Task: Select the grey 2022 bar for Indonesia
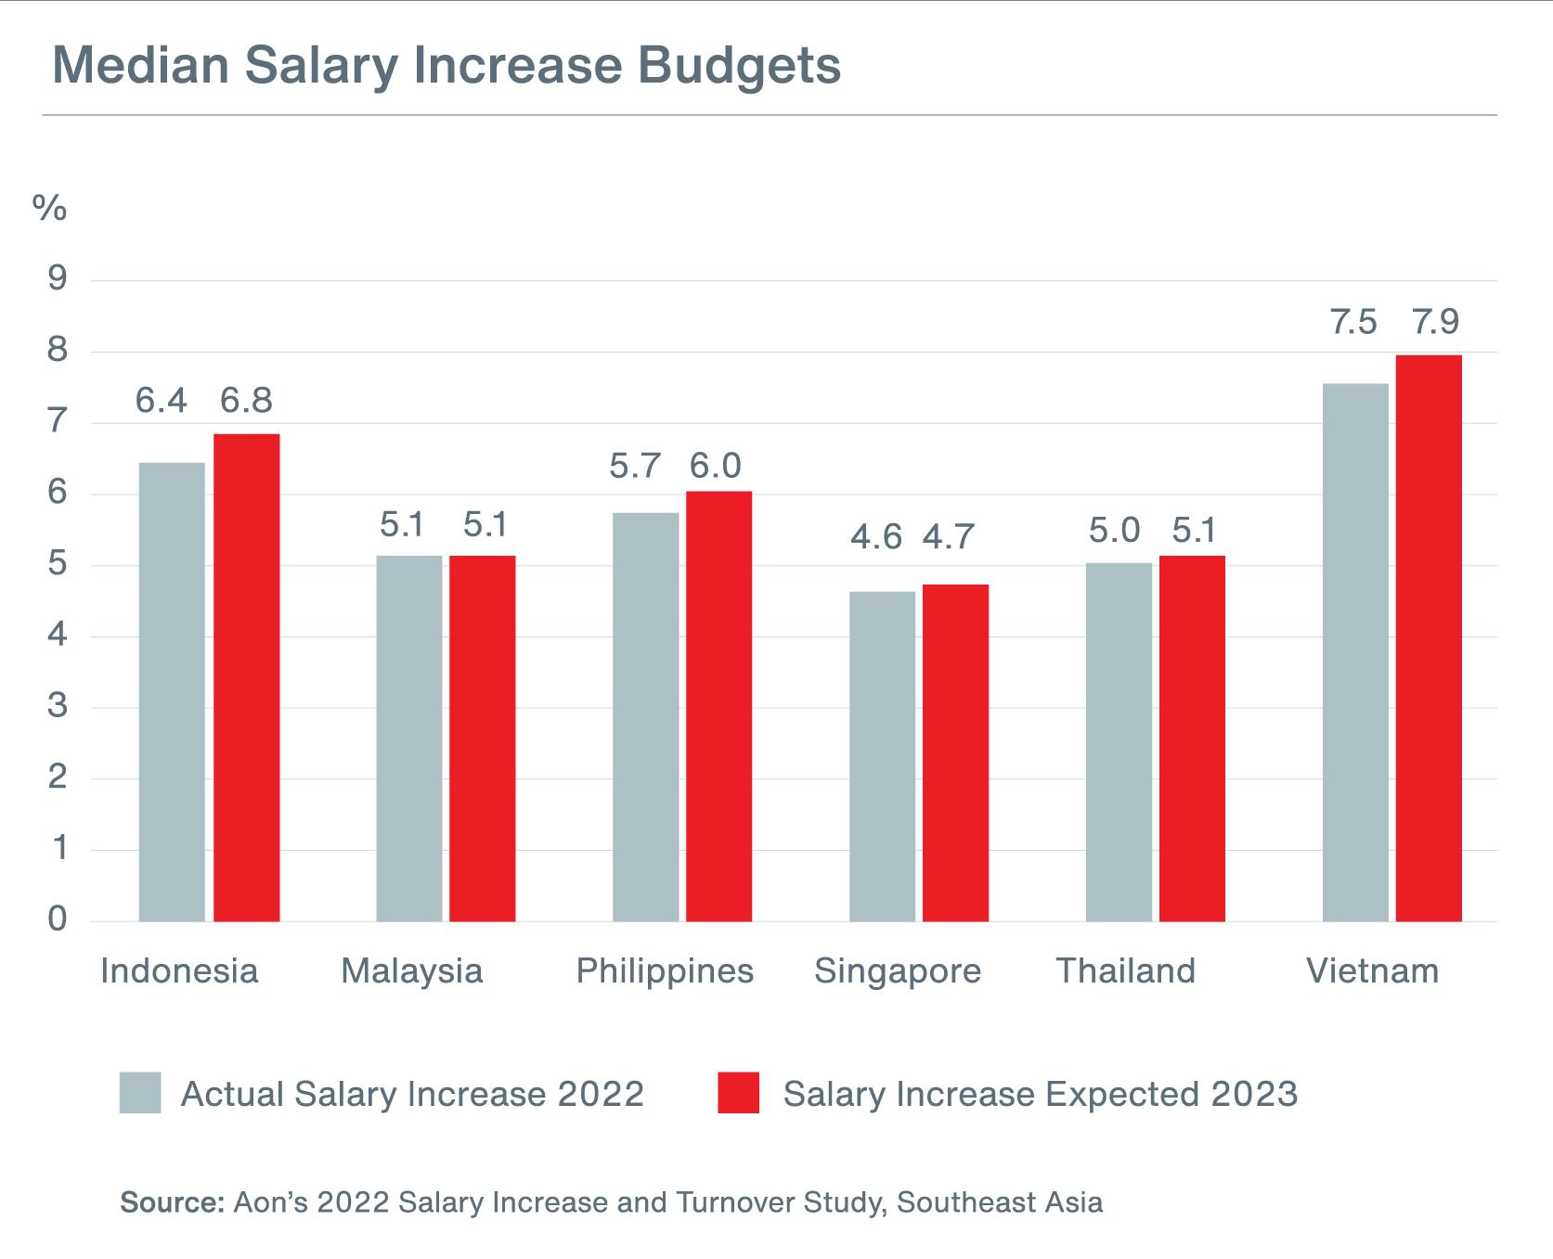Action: tap(172, 691)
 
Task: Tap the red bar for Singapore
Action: tap(955, 752)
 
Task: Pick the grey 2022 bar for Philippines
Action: tap(645, 716)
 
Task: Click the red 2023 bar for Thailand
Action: tap(1192, 739)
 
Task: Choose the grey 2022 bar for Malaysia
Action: tap(408, 739)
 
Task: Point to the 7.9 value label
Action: tap(1435, 322)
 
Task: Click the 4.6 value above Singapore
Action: tap(875, 537)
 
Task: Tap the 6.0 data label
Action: tap(715, 466)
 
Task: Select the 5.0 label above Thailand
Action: tap(1114, 531)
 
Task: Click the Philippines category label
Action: tap(665, 971)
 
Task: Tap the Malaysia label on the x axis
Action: tap(411, 971)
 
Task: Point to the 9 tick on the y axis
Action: tap(58, 278)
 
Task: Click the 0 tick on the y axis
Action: tap(58, 919)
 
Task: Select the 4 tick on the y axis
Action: tap(58, 636)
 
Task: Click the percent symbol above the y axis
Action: tap(49, 209)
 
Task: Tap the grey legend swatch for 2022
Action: tap(140, 1093)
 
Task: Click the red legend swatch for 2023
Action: tap(738, 1093)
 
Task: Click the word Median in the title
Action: tap(140, 65)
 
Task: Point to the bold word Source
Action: tap(172, 1202)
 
